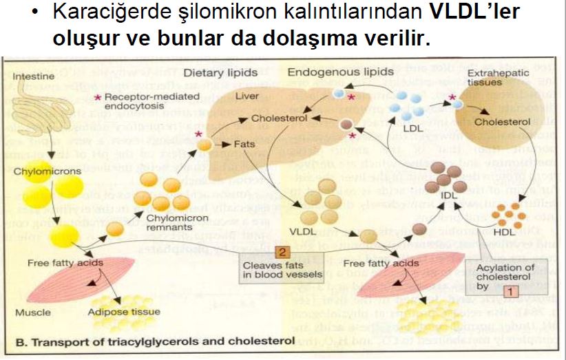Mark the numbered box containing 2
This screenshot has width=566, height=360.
point(282,251)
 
